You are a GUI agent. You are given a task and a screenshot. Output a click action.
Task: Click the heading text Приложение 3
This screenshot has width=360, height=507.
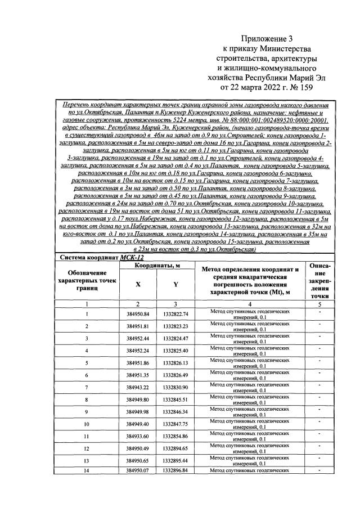[267, 38]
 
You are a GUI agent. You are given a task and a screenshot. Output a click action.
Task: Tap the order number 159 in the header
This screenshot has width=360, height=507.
[304, 87]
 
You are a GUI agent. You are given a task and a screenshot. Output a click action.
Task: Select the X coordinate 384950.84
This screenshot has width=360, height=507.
[138, 314]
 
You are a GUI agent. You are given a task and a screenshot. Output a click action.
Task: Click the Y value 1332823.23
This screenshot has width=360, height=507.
[175, 326]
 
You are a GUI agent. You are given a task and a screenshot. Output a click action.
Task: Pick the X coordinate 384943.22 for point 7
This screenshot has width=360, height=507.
[138, 388]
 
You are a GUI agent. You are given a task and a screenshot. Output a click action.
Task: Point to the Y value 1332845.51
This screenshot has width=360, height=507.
[175, 400]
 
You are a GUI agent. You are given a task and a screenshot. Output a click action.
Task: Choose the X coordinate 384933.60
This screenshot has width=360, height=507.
[138, 437]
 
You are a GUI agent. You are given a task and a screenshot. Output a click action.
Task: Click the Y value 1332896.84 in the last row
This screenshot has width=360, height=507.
[175, 470]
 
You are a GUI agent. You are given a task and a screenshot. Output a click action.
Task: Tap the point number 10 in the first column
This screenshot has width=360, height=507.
[86, 424]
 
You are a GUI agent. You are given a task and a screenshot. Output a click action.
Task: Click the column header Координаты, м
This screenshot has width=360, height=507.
[157, 266]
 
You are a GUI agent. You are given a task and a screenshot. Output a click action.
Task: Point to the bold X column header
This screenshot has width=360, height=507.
[138, 285]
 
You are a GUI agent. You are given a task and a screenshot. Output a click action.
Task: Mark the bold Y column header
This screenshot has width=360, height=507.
[175, 285]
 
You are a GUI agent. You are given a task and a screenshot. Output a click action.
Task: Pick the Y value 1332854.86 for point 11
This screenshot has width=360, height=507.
[175, 437]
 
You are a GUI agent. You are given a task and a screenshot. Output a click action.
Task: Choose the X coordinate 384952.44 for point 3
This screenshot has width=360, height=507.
[138, 339]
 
